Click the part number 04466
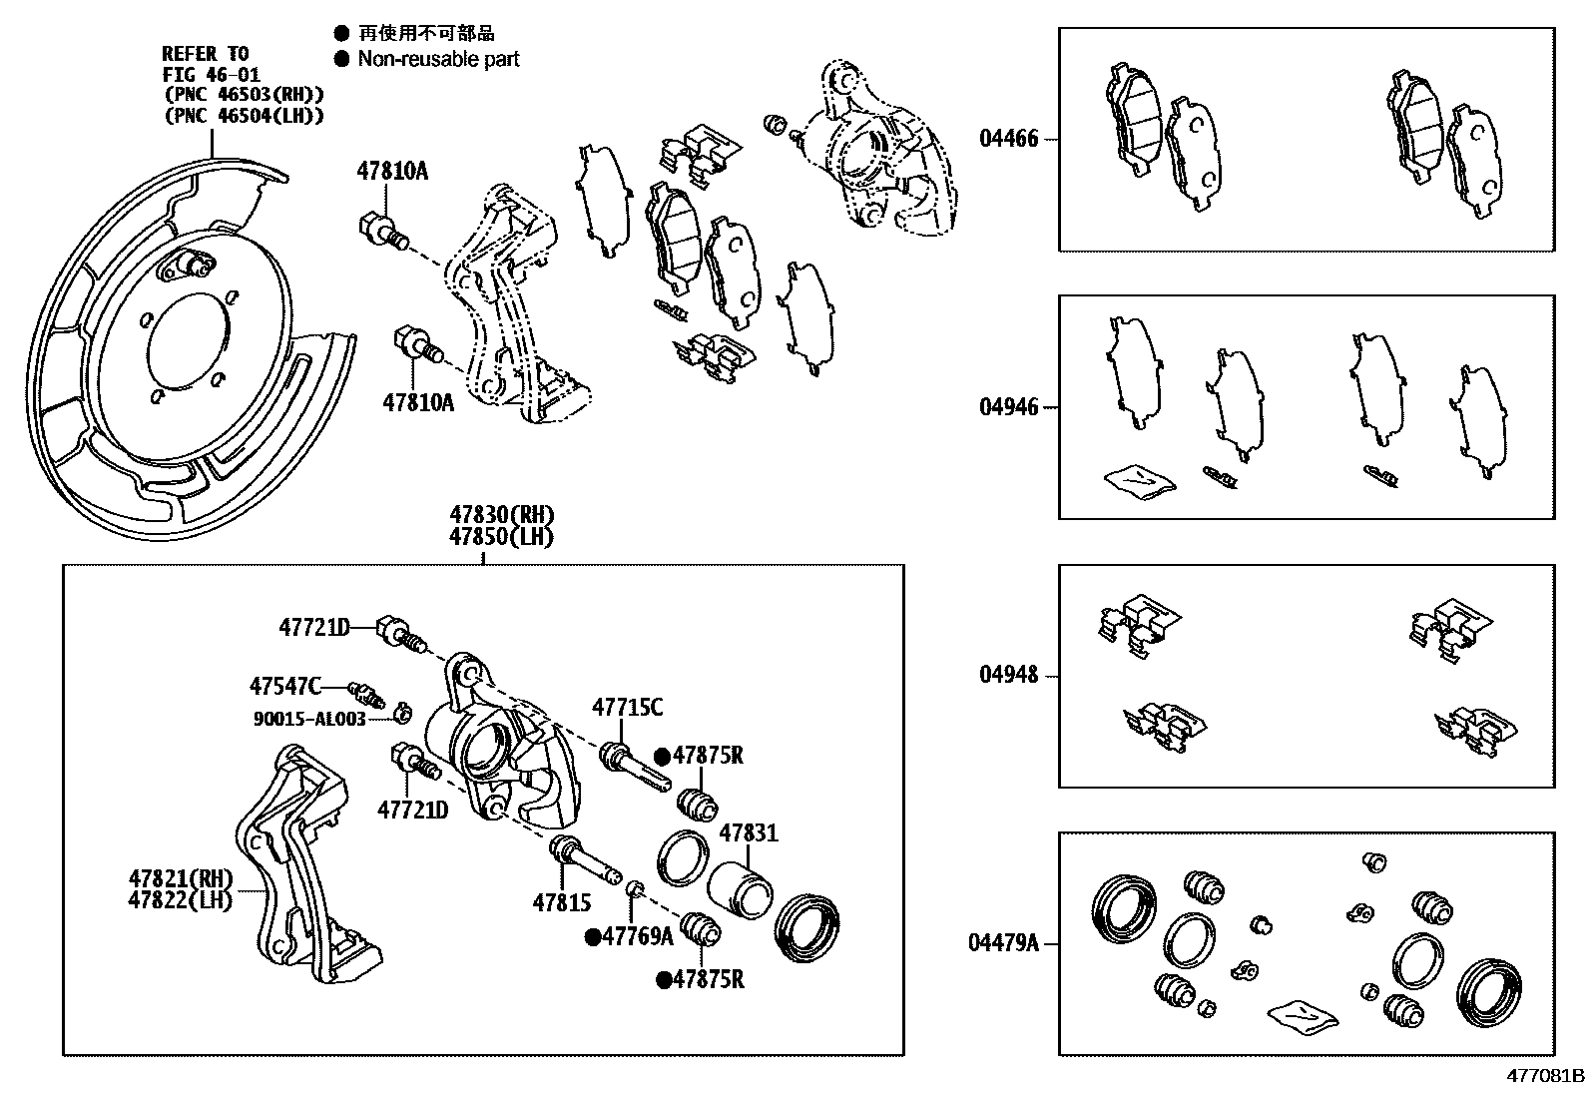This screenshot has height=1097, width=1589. click(1008, 139)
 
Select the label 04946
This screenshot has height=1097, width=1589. click(1008, 407)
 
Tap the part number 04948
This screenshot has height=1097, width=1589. click(1008, 675)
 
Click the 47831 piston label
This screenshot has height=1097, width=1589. click(749, 832)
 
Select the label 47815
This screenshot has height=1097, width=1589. click(561, 903)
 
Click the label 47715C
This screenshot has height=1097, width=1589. click(627, 708)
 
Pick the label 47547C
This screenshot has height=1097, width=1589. click(284, 686)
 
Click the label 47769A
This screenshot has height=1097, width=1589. click(639, 935)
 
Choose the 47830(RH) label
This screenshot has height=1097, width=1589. click(501, 515)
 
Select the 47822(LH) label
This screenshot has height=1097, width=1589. click(180, 899)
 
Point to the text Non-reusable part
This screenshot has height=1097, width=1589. click(438, 59)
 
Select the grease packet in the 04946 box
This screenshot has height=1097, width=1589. click(1139, 482)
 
